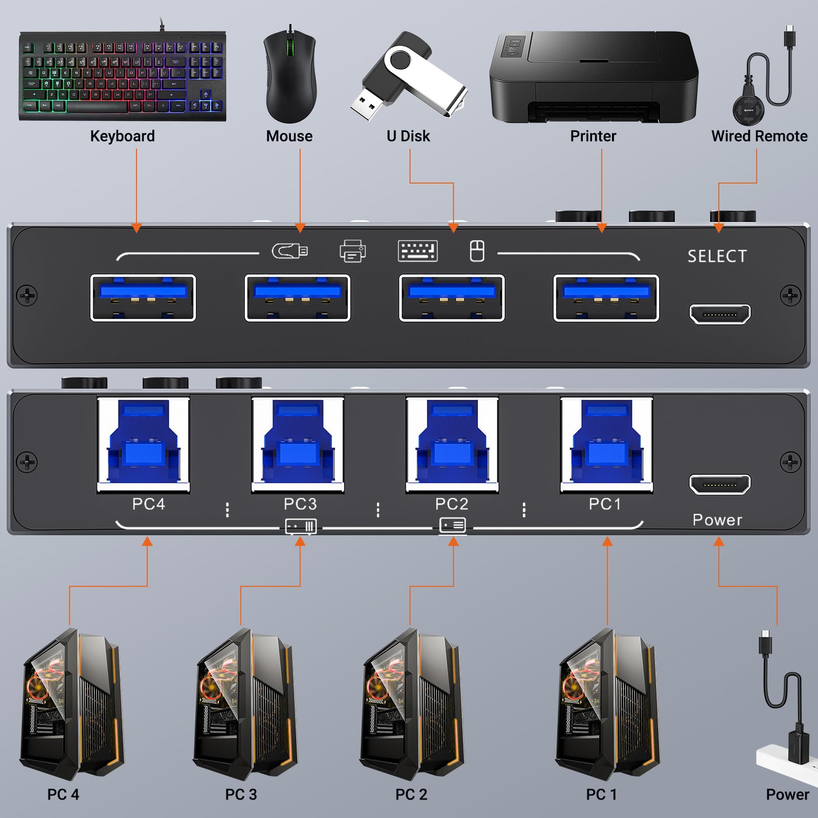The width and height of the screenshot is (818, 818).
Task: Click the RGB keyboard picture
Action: click(123, 77)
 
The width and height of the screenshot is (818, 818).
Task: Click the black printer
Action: click(593, 77)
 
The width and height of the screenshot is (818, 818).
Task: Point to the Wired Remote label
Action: click(759, 136)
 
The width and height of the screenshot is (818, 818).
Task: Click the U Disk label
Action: click(408, 136)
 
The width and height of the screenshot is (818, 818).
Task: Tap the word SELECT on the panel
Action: click(717, 256)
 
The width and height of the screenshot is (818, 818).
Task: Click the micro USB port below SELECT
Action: click(720, 314)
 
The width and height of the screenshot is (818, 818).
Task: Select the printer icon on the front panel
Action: click(352, 251)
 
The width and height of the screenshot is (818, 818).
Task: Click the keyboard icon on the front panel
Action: click(418, 251)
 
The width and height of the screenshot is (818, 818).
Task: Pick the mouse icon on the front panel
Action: click(477, 251)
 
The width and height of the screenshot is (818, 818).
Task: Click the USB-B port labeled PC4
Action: click(143, 444)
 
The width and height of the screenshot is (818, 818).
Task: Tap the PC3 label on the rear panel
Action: click(300, 504)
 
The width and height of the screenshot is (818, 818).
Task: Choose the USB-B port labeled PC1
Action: click(606, 444)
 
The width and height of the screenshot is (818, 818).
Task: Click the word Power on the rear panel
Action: click(717, 520)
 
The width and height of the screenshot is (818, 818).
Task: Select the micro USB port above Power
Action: click(720, 484)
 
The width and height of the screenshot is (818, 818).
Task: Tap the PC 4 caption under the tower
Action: click(63, 794)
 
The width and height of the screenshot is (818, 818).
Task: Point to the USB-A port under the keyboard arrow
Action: click(143, 298)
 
